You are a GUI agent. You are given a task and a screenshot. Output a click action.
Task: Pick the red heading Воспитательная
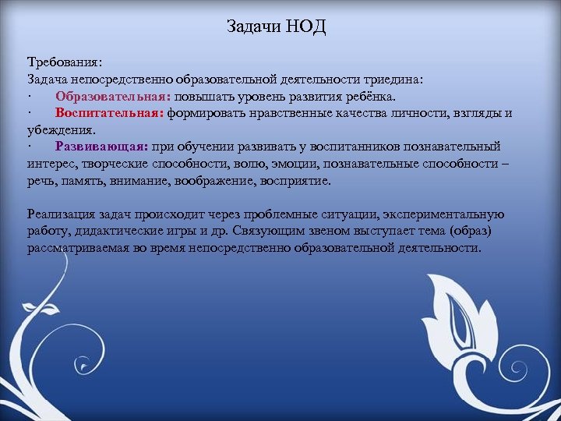click(x=109, y=113)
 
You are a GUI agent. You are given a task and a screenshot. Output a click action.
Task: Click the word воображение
click(x=202, y=181)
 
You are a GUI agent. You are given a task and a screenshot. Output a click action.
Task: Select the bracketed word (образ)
click(x=476, y=232)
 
